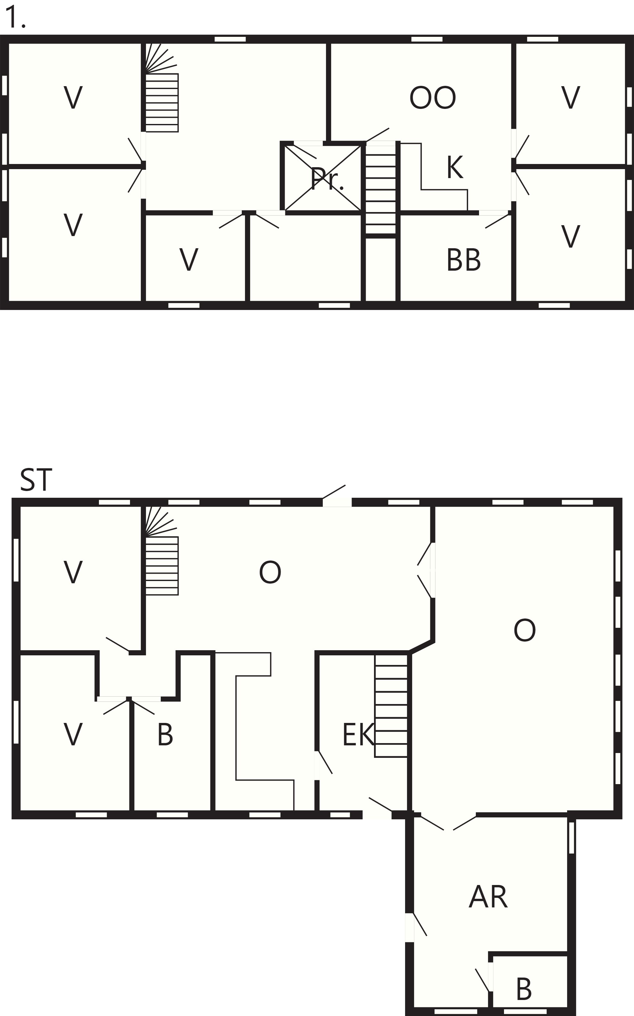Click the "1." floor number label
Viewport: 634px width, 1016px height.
(x=15, y=18)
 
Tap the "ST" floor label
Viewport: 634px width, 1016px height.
(x=36, y=480)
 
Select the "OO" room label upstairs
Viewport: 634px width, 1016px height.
(x=432, y=98)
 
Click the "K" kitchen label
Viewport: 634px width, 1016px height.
(x=455, y=167)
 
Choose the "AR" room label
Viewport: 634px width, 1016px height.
(x=488, y=897)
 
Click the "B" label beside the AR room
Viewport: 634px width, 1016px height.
(x=524, y=989)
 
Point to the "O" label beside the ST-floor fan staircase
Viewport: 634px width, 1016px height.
(x=270, y=572)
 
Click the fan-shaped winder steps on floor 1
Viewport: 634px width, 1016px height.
(x=161, y=58)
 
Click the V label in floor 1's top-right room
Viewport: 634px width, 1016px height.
(x=570, y=97)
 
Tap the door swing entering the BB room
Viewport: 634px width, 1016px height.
(x=497, y=221)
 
